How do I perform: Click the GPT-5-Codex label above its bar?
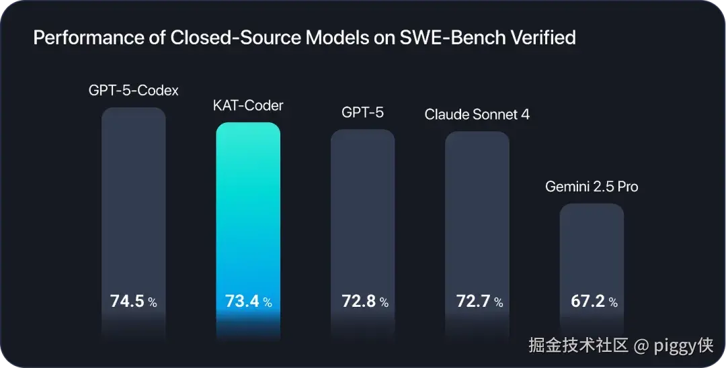(133, 90)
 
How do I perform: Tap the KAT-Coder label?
(248, 106)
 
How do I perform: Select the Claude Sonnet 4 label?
(477, 115)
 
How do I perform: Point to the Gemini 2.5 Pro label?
(592, 187)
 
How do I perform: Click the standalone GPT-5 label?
(362, 112)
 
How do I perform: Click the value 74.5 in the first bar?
(127, 302)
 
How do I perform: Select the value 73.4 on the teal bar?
(242, 302)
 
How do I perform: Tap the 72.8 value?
(359, 302)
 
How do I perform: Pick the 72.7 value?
(473, 302)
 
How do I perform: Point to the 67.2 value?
(588, 302)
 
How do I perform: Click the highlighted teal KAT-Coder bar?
(248, 231)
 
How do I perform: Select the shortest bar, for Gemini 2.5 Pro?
(592, 272)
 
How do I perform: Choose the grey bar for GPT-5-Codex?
(133, 224)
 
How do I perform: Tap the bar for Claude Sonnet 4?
(477, 236)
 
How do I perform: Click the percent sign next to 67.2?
(613, 303)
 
